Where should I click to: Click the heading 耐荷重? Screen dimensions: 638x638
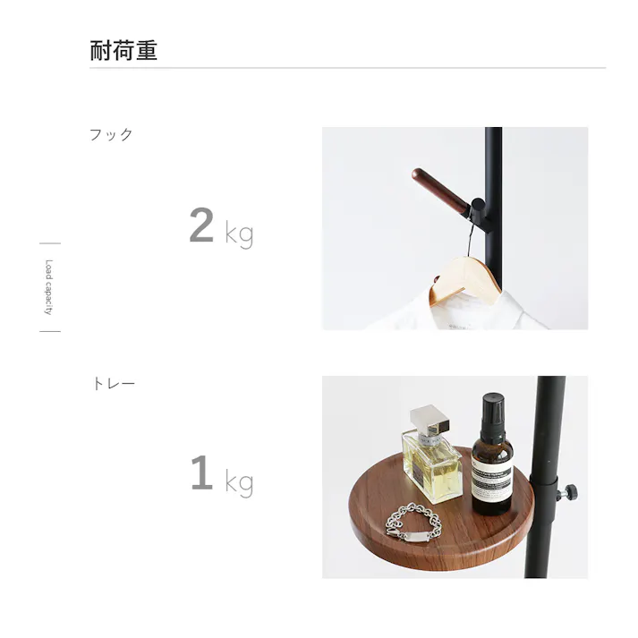[x=123, y=50]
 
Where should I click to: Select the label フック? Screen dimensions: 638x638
[x=111, y=135]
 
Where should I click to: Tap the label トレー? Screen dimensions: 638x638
[x=114, y=384]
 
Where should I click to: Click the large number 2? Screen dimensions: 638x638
[x=201, y=226]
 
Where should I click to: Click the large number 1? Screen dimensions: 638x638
[x=201, y=474]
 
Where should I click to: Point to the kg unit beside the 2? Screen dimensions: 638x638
[x=239, y=235]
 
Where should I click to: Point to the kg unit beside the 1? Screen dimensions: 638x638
[x=239, y=484]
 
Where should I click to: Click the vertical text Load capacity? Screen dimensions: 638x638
[x=49, y=287]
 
